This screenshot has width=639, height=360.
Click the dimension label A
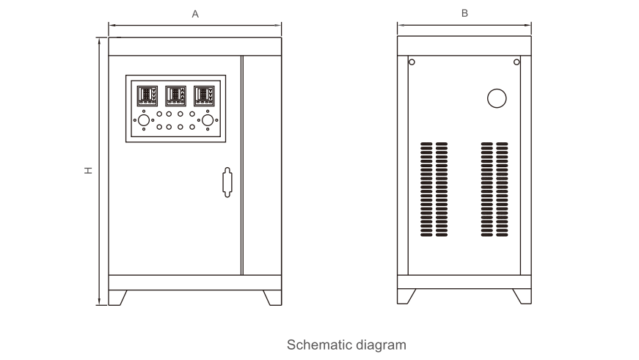coord(195,14)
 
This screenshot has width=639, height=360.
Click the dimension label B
coord(464,13)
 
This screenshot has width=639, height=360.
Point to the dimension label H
coord(88,170)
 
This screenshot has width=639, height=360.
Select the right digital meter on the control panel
coord(205,95)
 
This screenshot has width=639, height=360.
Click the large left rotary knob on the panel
coord(144,120)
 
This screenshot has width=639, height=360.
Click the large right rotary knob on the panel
coord(208,120)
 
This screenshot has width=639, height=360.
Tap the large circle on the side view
coord(497,98)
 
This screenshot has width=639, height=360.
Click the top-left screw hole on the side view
coord(412,62)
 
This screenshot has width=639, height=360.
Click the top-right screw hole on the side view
coord(516,62)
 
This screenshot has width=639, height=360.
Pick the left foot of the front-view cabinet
coord(117,297)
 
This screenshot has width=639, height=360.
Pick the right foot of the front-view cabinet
coord(272,297)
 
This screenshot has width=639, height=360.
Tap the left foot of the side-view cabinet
coord(406,296)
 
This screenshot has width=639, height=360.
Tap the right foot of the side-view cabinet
coord(522,296)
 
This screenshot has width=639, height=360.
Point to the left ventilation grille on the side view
coord(434,191)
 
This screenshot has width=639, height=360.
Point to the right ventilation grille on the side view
coord(494,191)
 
